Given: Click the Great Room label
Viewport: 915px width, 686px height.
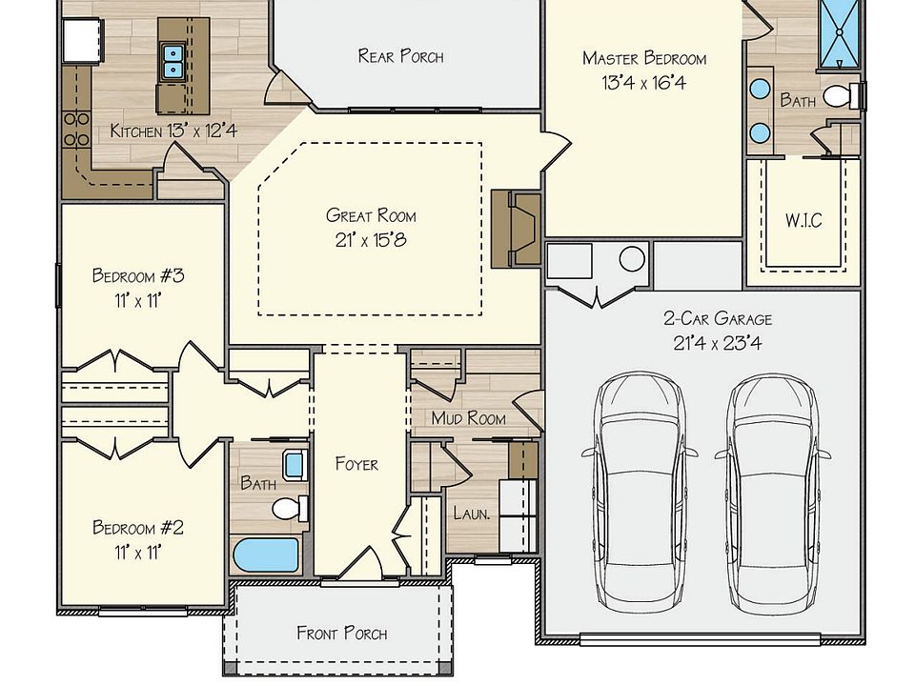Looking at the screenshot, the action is pos(371,215).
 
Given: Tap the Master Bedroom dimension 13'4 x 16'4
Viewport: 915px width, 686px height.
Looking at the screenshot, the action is pos(643,83).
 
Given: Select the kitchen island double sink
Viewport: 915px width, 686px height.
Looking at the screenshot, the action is pos(173,61).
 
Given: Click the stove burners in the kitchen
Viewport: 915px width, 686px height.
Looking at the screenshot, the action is pos(76,130).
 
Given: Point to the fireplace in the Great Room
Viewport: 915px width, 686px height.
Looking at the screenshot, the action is pos(516,228).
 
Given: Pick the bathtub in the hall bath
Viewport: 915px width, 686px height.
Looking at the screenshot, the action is pos(266,555).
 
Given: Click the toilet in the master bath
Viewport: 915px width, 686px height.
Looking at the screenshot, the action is pos(842,96).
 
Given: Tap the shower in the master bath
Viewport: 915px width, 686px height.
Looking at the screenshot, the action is pos(839,34).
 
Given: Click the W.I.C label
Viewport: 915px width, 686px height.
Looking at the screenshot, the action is pos(803,220).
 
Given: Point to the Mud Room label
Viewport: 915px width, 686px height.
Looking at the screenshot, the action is pos(469,418).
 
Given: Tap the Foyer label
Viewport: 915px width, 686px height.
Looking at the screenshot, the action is pos(356,464).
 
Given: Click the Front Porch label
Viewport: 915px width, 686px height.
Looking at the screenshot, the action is pos(342,633).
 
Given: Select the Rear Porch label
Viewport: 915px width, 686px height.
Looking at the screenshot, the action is pos(400,56).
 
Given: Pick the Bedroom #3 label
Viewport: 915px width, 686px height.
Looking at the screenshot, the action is pos(138,275).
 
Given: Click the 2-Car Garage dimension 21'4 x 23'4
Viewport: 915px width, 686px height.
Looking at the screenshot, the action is pos(717,343).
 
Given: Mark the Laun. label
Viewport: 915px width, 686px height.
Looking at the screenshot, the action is pos(472,514).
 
